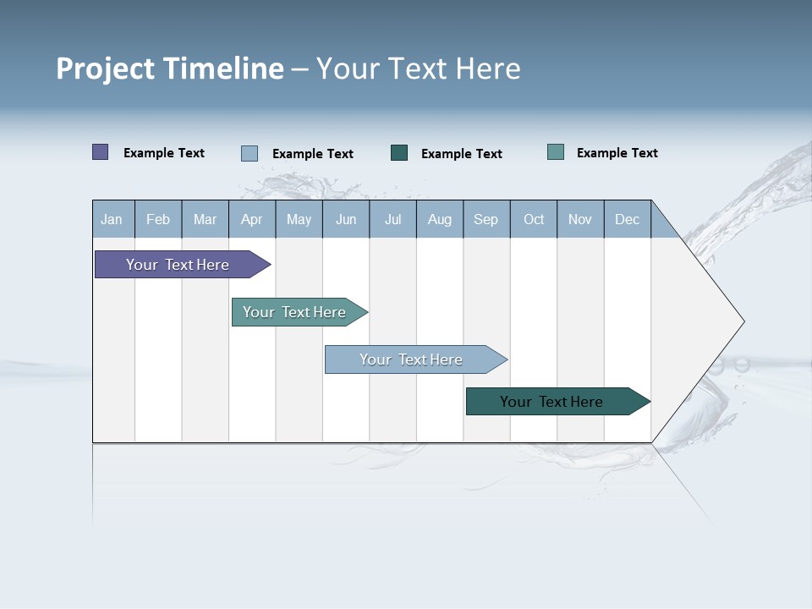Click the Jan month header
point(112,220)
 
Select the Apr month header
point(251,220)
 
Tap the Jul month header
point(392,220)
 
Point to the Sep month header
point(486,220)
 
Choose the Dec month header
point(627,220)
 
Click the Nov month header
point(579,220)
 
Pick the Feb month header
point(158,220)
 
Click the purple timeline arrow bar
point(178,265)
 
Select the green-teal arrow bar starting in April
point(294,312)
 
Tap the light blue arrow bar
point(411,359)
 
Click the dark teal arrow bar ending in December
point(551,402)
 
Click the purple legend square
point(101,152)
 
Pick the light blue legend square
point(250,153)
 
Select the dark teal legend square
point(399,153)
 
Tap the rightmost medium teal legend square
point(556,152)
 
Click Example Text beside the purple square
point(164,153)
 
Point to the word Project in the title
point(105,69)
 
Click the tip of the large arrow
point(742,321)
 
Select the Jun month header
point(346,220)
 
